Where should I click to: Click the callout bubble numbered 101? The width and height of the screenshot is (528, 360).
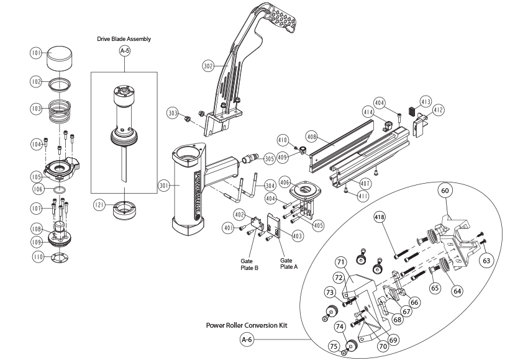[x=36, y=53]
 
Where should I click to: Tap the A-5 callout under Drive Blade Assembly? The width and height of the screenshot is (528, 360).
[x=124, y=52]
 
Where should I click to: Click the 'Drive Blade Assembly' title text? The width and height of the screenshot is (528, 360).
[x=124, y=38]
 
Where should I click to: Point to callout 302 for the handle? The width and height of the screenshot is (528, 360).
[x=209, y=64]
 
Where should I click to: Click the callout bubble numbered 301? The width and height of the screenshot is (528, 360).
[x=164, y=184]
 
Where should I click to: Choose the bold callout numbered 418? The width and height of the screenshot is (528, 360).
[x=380, y=217]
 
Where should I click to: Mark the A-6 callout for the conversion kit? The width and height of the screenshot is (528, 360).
[x=247, y=339]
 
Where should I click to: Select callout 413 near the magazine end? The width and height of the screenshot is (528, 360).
[x=426, y=101]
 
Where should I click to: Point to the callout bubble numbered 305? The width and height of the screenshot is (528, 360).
[x=269, y=158]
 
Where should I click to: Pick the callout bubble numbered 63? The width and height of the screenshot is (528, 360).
[x=486, y=261]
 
